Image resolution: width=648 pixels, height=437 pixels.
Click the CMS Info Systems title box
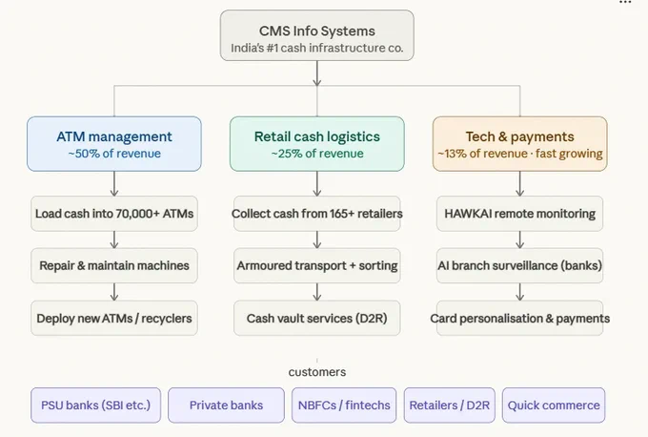[x=317, y=35]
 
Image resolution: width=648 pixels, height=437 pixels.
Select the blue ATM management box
[x=114, y=143]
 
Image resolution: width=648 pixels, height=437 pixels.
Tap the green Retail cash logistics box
[x=317, y=143]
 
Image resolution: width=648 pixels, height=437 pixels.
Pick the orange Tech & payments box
[x=520, y=143]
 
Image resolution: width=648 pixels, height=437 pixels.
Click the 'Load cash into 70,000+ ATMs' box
[x=114, y=214]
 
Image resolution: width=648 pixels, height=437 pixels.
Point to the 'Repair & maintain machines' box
[x=114, y=265]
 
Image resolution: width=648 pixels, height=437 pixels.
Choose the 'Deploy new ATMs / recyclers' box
[x=114, y=318]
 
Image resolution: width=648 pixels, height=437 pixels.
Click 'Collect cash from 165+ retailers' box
[x=317, y=214]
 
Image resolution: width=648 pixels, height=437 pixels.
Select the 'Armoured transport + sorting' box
[x=317, y=265]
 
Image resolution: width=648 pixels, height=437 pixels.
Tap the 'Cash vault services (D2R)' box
[x=317, y=318]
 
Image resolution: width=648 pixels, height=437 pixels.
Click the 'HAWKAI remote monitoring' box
[x=520, y=214]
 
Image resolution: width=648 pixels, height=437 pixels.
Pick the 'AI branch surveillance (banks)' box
[x=520, y=265]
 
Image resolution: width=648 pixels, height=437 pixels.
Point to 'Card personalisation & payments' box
[x=520, y=318]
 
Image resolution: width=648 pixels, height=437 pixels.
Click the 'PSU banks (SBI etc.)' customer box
[x=96, y=406]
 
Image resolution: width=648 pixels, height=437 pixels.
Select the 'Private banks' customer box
[x=226, y=406]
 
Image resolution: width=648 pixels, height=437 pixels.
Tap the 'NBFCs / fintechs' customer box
[x=344, y=406]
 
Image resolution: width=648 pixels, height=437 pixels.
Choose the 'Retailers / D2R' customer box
[x=449, y=406]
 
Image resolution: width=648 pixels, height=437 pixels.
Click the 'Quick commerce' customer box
[x=554, y=406]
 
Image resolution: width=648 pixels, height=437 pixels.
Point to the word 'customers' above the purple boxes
[x=317, y=372]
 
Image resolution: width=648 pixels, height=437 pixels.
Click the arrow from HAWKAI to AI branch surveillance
[x=520, y=240]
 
